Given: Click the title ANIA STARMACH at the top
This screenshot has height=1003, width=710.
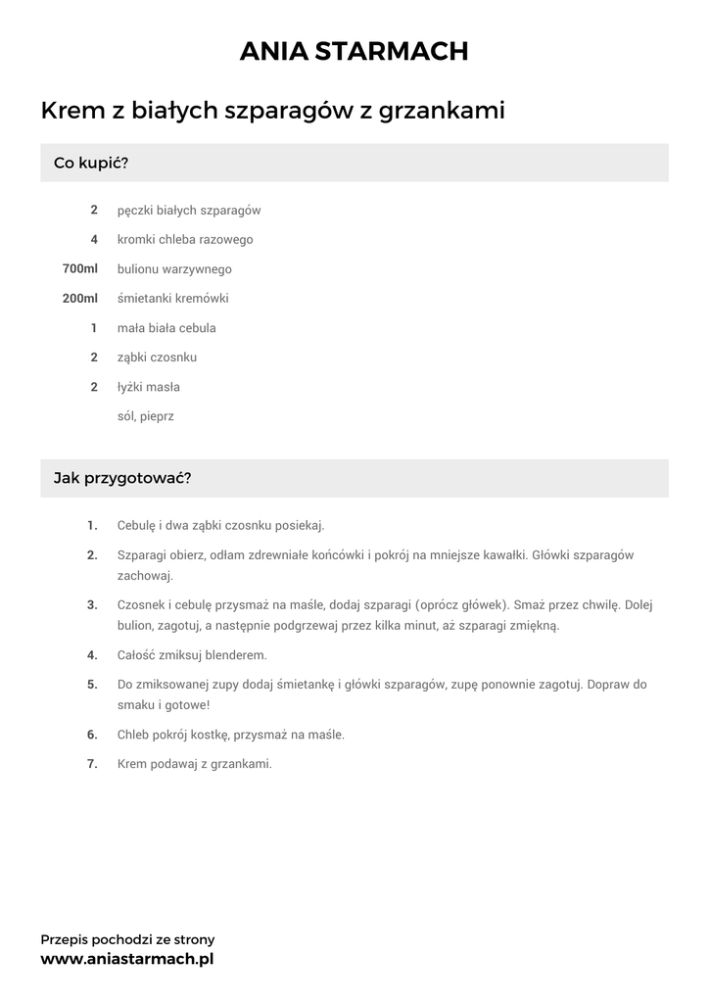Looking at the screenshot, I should tap(355, 52).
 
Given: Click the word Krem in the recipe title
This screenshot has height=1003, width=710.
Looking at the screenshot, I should tap(72, 111).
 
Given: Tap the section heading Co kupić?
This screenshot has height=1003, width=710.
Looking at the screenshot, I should tap(91, 163).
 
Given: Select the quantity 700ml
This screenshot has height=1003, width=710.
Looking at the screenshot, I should tap(80, 268).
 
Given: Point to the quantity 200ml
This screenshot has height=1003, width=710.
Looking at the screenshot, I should tap(80, 298).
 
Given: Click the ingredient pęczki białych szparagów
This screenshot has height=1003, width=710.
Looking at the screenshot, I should tap(188, 211).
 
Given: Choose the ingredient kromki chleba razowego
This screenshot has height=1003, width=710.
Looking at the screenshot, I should tap(185, 239).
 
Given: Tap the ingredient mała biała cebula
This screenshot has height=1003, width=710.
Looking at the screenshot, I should tap(166, 327).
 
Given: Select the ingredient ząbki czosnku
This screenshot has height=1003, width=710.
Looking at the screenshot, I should tap(157, 357).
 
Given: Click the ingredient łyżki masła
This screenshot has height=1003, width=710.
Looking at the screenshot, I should tap(149, 387).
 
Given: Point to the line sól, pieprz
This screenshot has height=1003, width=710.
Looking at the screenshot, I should tap(145, 416).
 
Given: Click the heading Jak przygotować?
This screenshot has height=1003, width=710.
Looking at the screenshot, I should tap(122, 479).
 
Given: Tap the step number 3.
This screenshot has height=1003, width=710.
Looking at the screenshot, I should tap(92, 604).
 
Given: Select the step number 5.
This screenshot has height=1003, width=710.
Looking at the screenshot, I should tap(92, 685).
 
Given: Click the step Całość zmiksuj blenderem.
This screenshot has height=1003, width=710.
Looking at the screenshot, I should tap(192, 655).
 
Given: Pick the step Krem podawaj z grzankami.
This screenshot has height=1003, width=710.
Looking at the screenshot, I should tap(194, 764).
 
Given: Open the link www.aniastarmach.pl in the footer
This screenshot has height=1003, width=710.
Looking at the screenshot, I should tap(127, 959).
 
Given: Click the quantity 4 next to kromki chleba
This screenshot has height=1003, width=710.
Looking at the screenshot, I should tap(94, 239).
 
